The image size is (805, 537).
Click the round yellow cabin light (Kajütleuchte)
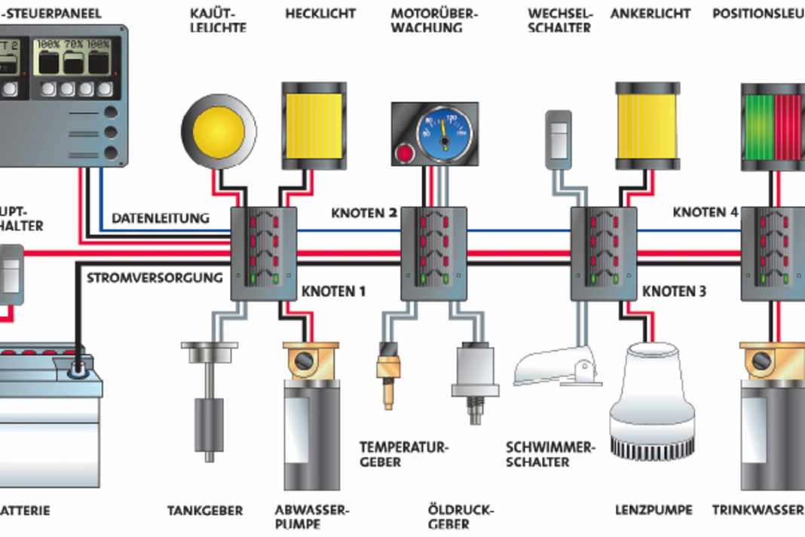(x=219, y=132)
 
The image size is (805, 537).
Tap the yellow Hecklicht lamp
(x=314, y=125)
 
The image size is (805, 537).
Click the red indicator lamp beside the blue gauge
(x=405, y=154)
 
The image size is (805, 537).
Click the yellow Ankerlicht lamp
(x=648, y=125)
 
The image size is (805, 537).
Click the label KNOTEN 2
(x=364, y=213)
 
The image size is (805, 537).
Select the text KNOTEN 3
(x=675, y=290)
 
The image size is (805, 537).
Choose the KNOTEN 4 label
(x=706, y=213)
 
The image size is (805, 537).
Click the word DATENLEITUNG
(x=161, y=218)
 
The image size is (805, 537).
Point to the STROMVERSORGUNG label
(x=155, y=277)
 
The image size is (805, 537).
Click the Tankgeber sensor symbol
(x=209, y=400)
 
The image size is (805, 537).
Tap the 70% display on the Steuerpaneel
(x=72, y=57)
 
